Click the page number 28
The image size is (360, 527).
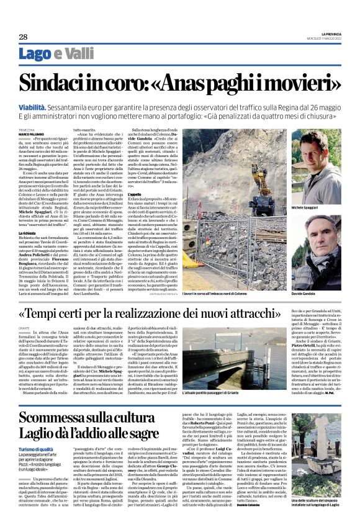24,37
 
